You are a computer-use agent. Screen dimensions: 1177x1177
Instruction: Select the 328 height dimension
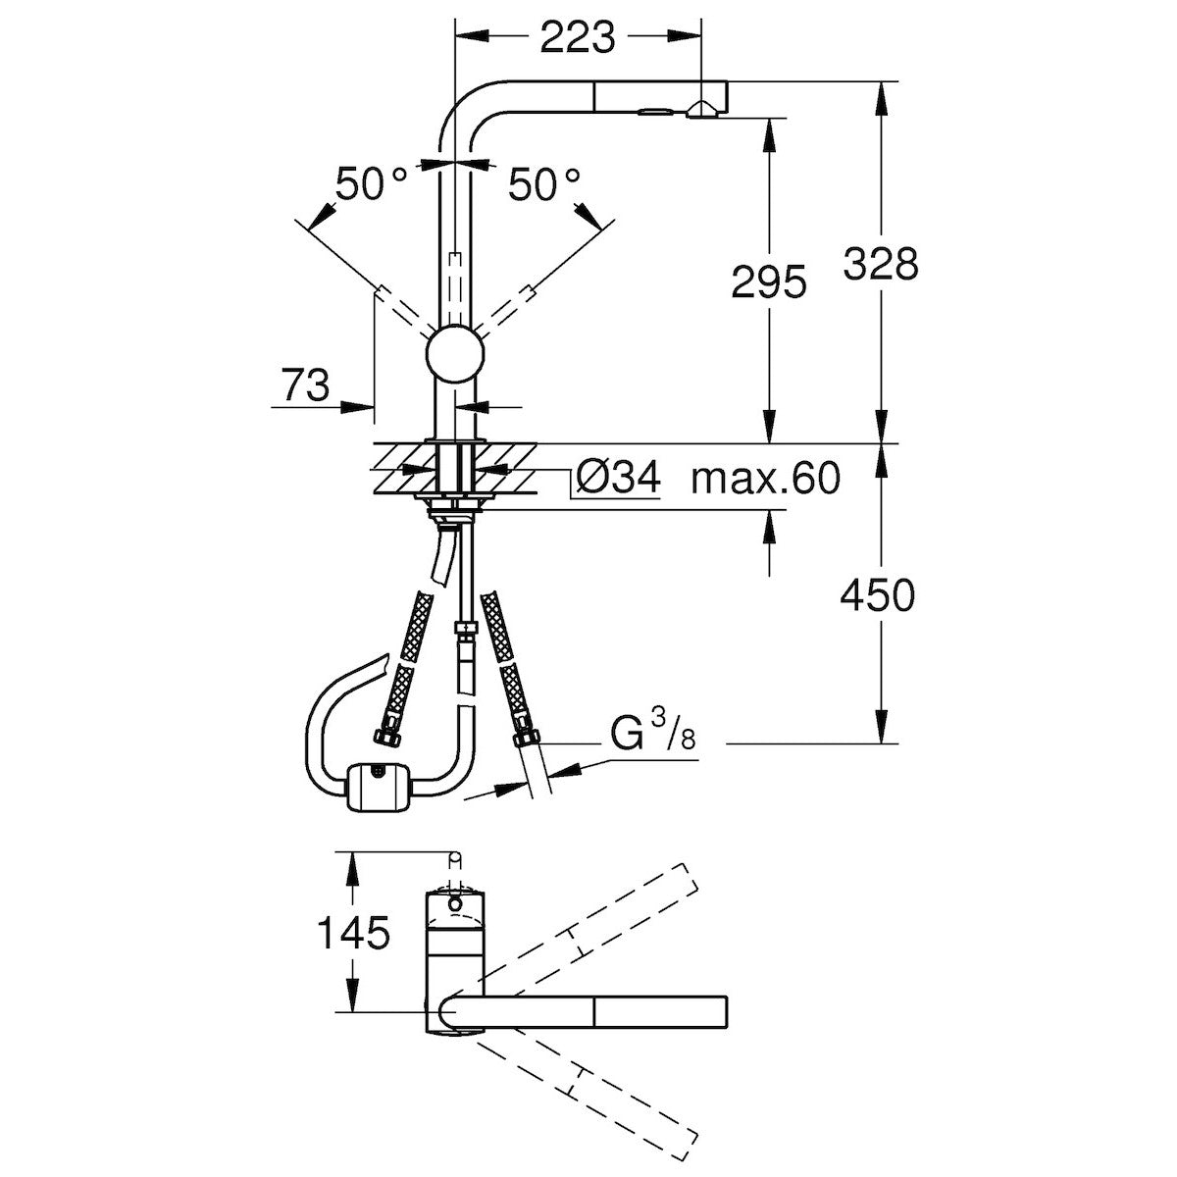(880, 263)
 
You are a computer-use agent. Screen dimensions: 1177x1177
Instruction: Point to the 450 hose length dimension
(880, 595)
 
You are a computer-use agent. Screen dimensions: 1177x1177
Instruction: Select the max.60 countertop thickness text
(765, 480)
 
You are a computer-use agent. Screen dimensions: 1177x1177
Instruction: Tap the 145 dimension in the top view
(352, 933)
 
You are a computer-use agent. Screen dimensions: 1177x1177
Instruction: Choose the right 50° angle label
(544, 184)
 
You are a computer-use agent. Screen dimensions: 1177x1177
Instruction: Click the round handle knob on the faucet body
(455, 353)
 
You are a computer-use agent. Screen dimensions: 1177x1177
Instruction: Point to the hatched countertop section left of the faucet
(402, 468)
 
